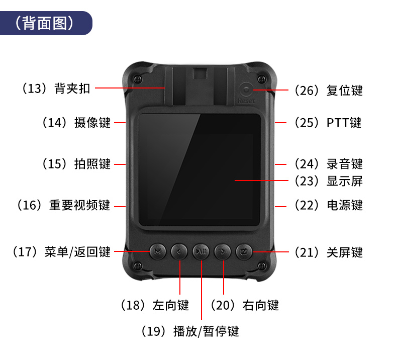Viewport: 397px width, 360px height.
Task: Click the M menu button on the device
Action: click(x=157, y=251)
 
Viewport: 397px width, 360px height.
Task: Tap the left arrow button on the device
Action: click(x=179, y=251)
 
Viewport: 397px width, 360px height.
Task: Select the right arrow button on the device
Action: click(x=223, y=251)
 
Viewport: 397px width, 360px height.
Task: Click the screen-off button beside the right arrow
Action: click(x=244, y=251)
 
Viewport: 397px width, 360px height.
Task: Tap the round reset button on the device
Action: click(x=246, y=89)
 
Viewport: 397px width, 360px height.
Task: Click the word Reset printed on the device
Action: click(x=246, y=101)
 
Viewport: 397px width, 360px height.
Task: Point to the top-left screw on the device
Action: click(x=138, y=79)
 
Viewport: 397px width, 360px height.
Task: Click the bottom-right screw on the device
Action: click(x=261, y=266)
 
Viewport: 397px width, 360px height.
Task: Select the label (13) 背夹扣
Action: click(x=56, y=88)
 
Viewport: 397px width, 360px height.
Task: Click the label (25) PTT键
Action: click(x=328, y=123)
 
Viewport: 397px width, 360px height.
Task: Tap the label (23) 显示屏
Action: click(x=329, y=181)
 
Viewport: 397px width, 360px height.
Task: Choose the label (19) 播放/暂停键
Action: click(x=190, y=331)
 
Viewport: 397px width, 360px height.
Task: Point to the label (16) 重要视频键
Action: click(x=63, y=205)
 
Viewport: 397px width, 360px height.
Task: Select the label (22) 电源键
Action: click(x=329, y=205)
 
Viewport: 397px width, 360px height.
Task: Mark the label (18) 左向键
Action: click(x=155, y=305)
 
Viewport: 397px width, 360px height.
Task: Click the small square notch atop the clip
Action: click(x=200, y=73)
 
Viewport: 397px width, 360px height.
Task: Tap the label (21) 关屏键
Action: click(x=329, y=252)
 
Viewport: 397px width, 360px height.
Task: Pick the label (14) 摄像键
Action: click(x=76, y=123)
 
